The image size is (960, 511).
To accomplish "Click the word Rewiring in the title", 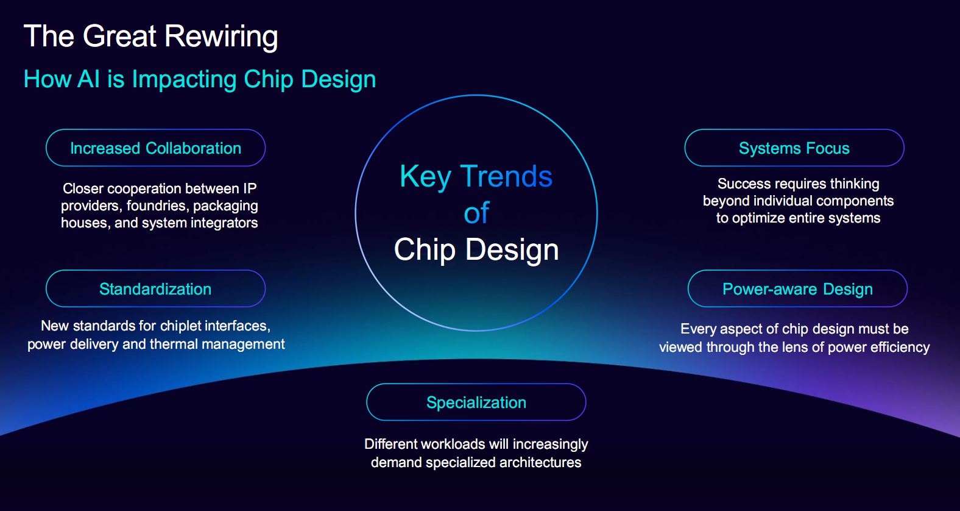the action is point(221,37).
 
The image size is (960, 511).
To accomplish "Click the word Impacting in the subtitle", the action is point(185,80).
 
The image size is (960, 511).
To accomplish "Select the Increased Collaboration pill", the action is point(155,148).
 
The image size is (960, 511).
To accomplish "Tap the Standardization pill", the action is point(155,289).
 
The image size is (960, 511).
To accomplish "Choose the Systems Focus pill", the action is point(794,148).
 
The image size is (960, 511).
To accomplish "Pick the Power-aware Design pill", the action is point(797,289).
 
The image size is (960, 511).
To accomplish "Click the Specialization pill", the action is point(476,402).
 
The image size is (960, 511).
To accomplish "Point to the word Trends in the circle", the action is point(506,176).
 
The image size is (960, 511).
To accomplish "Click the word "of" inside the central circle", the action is point(476,213).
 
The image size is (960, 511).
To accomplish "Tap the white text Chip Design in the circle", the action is point(476,249).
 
